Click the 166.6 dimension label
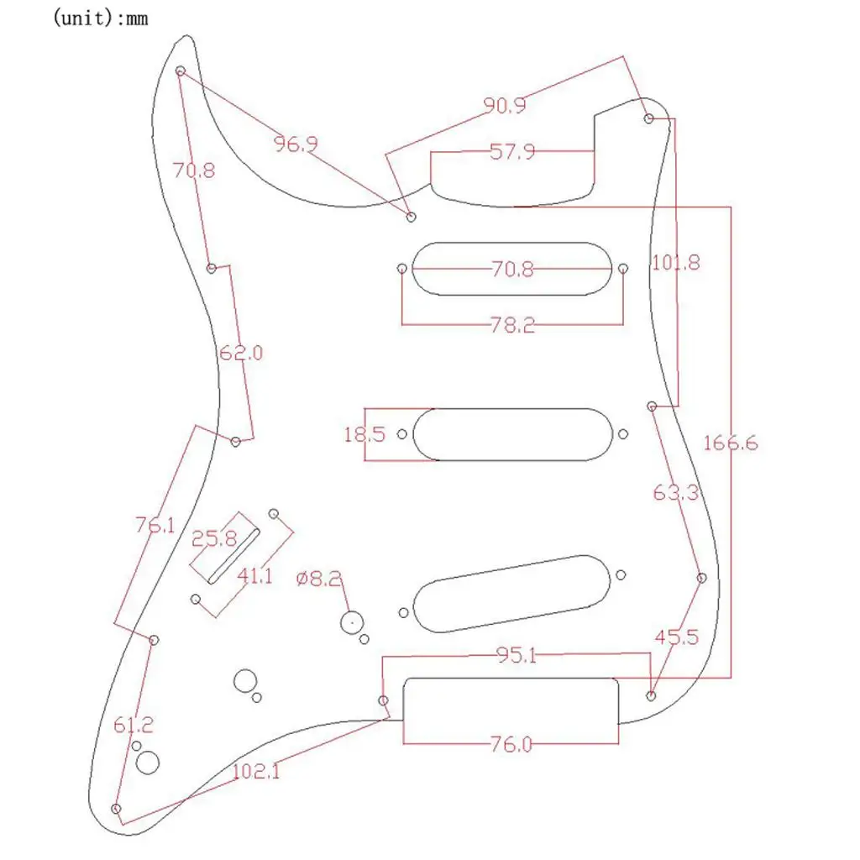pos(731,443)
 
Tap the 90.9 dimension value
pos(505,105)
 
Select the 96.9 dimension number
pos(296,144)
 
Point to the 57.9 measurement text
pos(512,151)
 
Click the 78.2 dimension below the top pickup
pos(512,325)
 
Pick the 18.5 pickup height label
pos(364,434)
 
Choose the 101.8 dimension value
pos(676,263)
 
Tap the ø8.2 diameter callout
pos(318,578)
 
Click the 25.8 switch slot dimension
pos(214,539)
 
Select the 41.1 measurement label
pos(254,576)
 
